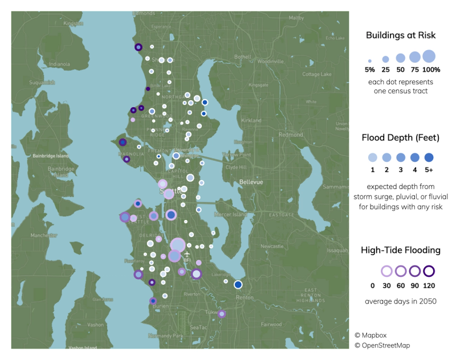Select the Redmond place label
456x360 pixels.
click(292, 135)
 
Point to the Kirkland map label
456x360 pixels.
click(251, 121)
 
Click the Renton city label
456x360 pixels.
click(245, 297)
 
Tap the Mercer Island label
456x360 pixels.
click(228, 214)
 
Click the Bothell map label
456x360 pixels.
click(242, 57)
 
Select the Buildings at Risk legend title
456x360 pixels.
click(401, 35)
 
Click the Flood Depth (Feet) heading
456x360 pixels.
click(401, 137)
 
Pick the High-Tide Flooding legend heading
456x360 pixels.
click(401, 250)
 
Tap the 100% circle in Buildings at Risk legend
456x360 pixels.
click(429, 56)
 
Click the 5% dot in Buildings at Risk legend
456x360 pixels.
click(370, 60)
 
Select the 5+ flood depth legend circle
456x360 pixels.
click(429, 157)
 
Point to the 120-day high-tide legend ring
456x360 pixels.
click(429, 271)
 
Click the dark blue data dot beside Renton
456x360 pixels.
click(238, 284)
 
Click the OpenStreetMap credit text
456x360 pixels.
click(382, 345)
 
